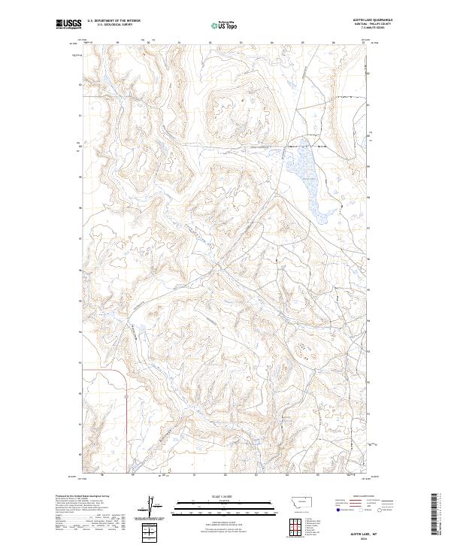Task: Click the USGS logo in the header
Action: [x=69, y=25]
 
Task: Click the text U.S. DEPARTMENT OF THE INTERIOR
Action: [x=114, y=20]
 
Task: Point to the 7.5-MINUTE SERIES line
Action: [x=381, y=29]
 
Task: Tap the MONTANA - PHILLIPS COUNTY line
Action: [x=381, y=24]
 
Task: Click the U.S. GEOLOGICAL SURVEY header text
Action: [x=114, y=25]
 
